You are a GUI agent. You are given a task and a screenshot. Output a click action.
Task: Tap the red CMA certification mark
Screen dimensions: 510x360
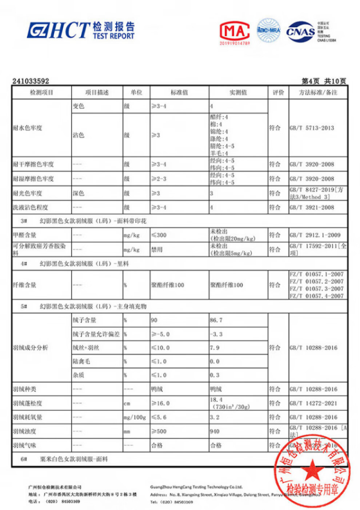click(x=235, y=32)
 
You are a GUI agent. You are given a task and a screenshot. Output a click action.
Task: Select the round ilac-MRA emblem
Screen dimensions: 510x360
click(x=269, y=31)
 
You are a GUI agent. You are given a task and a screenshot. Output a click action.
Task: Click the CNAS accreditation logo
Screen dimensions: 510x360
click(x=300, y=32)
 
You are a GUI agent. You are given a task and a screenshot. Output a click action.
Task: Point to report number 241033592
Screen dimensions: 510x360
click(x=31, y=81)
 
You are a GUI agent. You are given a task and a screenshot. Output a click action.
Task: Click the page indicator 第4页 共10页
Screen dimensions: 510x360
click(x=324, y=81)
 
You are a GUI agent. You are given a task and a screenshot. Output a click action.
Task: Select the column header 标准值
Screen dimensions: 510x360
click(x=179, y=93)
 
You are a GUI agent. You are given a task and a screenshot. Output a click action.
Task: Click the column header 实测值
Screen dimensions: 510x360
click(x=238, y=93)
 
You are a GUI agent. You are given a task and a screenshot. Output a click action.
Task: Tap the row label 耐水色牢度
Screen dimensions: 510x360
click(x=28, y=128)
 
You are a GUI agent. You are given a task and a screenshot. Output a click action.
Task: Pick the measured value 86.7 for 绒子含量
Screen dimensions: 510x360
click(x=216, y=320)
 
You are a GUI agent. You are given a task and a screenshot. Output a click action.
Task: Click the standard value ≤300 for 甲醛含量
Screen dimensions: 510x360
click(x=159, y=235)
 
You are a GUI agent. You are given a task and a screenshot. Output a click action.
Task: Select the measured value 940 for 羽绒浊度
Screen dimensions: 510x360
click(x=215, y=431)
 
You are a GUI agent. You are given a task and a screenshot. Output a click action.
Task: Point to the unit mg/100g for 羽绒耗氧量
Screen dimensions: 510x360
click(x=135, y=417)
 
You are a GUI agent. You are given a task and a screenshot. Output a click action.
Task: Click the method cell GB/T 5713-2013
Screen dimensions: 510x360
click(x=312, y=128)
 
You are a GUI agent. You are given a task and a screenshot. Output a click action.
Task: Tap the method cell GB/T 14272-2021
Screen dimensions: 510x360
click(x=313, y=403)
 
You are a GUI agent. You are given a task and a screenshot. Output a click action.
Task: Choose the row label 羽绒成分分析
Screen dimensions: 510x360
click(x=31, y=348)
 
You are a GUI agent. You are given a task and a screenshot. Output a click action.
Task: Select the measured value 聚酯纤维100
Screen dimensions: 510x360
click(x=226, y=285)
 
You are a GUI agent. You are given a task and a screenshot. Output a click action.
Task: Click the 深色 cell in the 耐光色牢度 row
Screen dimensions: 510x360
click(x=79, y=194)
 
